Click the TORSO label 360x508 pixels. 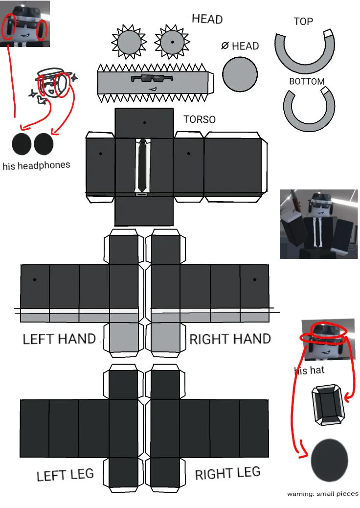[x=200, y=119]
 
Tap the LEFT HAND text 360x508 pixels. [x=59, y=339]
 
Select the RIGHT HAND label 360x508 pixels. [x=230, y=339]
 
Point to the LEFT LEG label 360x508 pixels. [x=65, y=475]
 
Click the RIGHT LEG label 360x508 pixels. [x=227, y=473]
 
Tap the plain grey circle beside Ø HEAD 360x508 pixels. [x=240, y=74]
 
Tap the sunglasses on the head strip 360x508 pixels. [x=152, y=78]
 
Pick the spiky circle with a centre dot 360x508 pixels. [x=172, y=42]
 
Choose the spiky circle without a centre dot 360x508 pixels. [x=129, y=42]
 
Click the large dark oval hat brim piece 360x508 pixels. [x=329, y=461]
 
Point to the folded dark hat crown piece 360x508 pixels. [x=328, y=405]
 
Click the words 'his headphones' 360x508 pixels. [x=36, y=165]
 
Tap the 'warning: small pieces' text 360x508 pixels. [x=323, y=494]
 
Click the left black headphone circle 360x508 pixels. [x=22, y=144]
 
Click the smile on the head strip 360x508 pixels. [x=153, y=89]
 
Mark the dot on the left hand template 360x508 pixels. [x=35, y=279]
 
